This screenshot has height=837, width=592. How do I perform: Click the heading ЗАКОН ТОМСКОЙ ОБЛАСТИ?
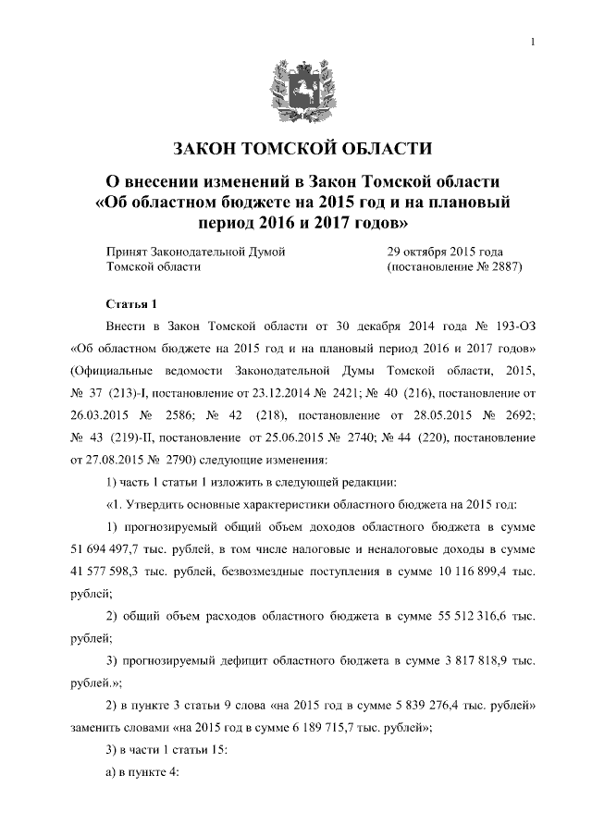(x=295, y=148)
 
